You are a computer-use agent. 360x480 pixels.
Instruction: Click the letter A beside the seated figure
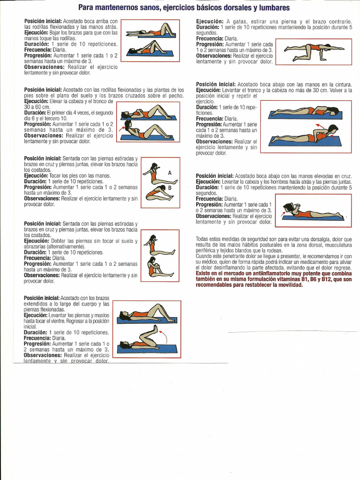[x=170, y=172]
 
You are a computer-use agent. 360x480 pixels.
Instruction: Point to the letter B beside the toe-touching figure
[x=170, y=187]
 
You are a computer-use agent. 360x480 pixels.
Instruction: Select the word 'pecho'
[x=175, y=95]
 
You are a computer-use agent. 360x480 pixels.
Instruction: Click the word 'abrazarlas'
[x=37, y=246]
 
